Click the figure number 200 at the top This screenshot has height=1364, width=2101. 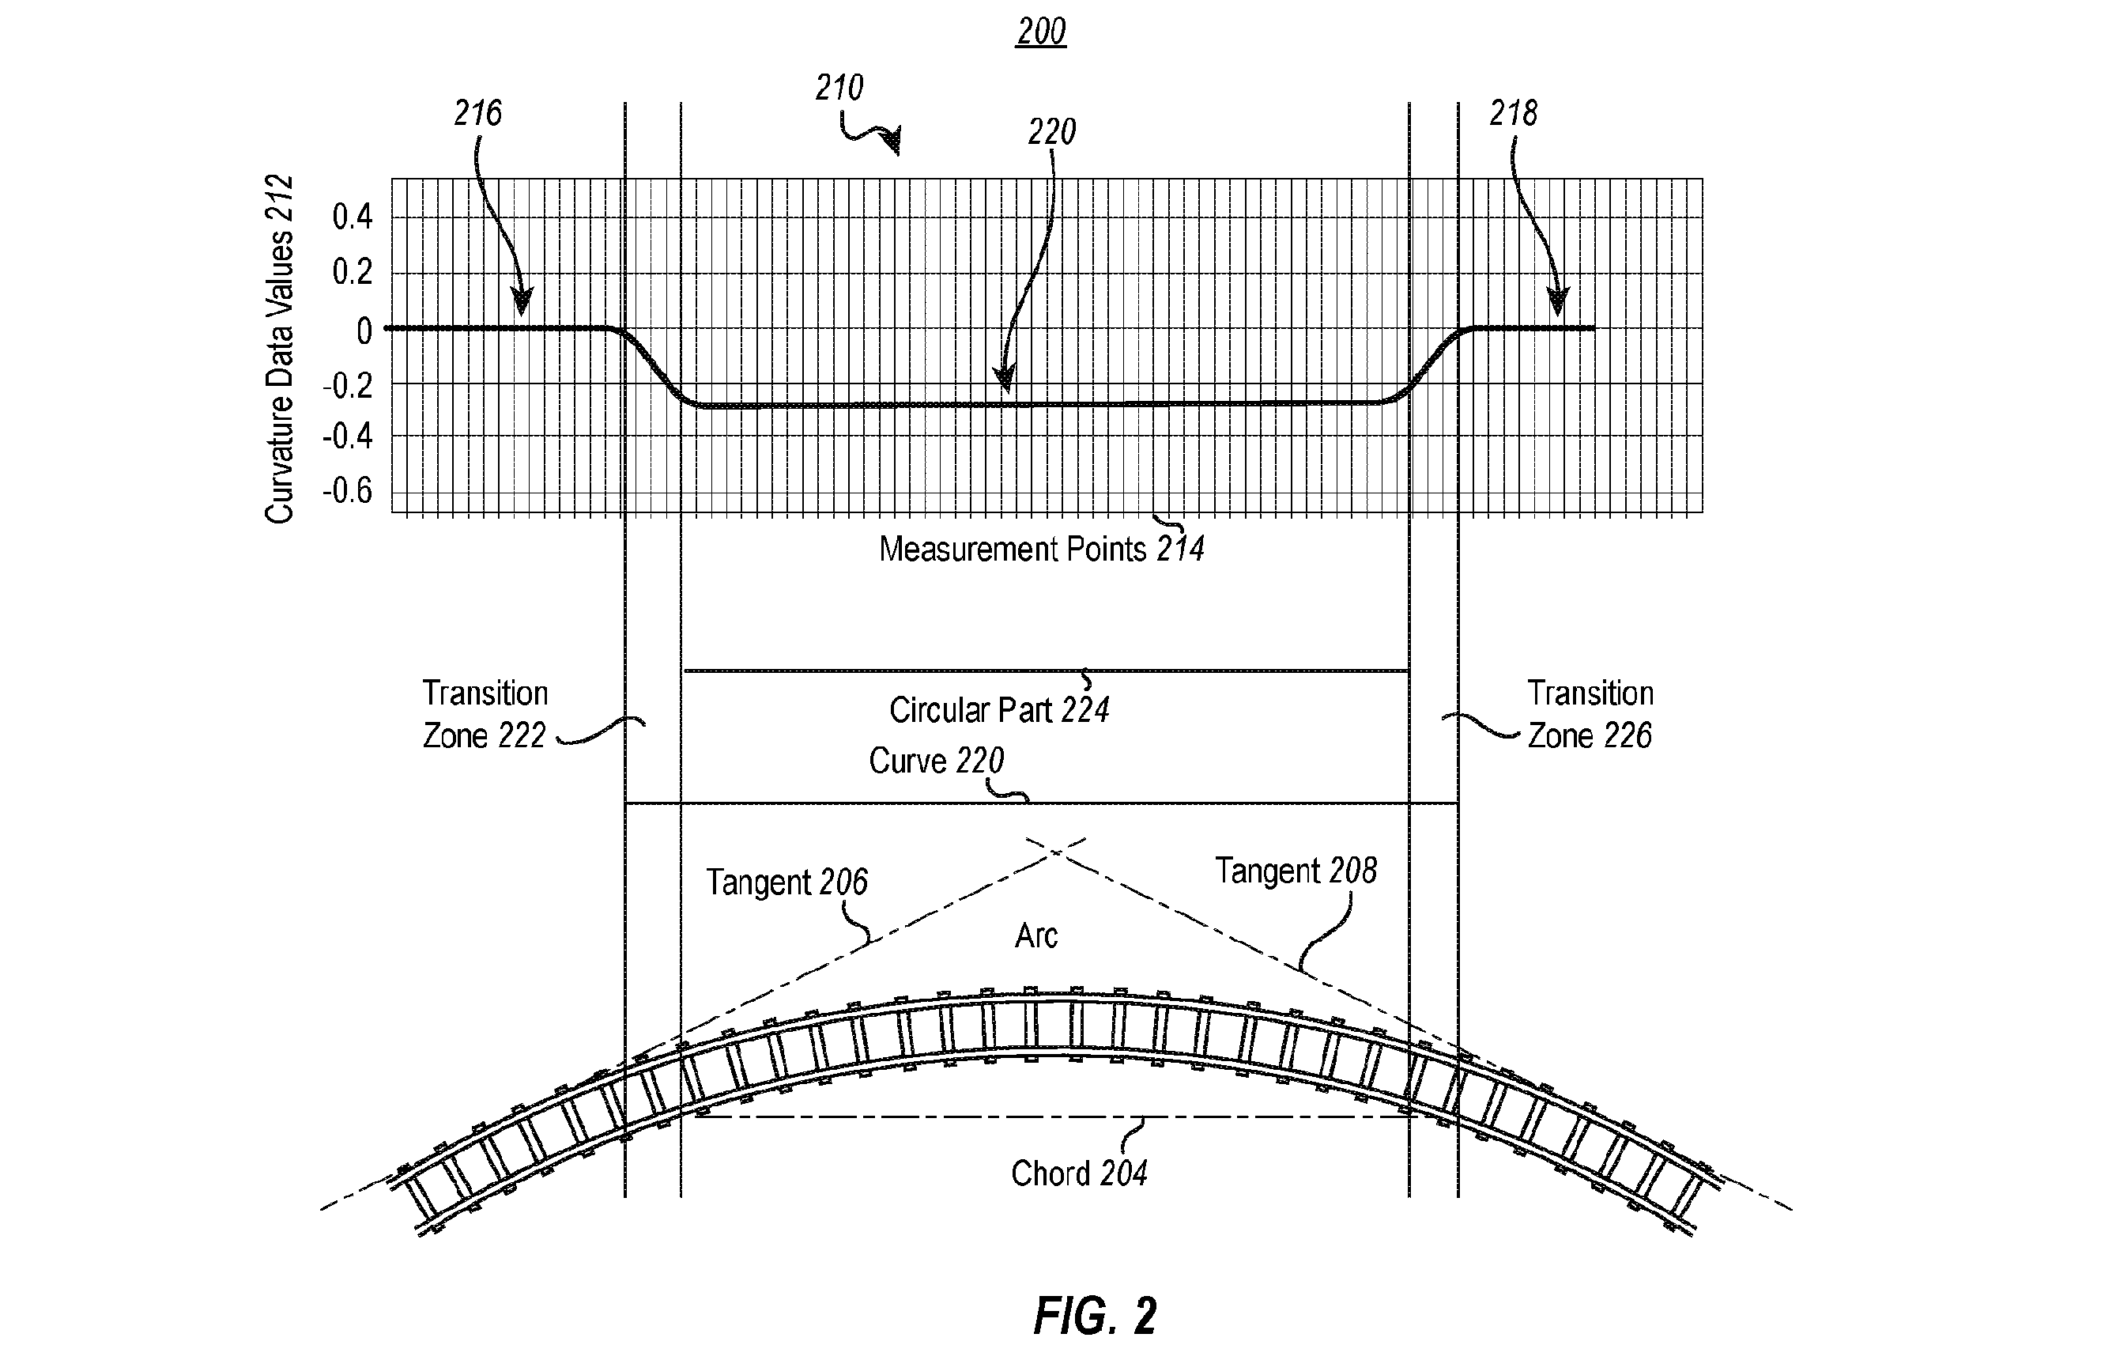point(1041,32)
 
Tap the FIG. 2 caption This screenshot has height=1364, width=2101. point(1095,1317)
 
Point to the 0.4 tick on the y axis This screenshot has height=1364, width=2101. point(353,217)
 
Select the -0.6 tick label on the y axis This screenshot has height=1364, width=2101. point(347,490)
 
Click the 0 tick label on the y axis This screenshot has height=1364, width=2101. point(364,331)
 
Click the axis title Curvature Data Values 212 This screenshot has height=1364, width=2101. point(279,350)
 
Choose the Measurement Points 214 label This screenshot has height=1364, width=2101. point(1042,549)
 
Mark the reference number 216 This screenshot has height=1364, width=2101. point(477,113)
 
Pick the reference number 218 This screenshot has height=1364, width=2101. point(1513,113)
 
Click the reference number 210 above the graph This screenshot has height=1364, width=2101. point(839,88)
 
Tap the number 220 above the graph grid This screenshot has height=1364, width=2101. point(1051,131)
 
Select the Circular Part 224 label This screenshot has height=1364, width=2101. point(999,710)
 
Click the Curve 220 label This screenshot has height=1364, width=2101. point(937,760)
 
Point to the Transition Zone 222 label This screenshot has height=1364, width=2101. point(485,714)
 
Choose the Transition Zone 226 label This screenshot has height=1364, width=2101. point(1590,714)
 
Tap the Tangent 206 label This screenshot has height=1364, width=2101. point(786,882)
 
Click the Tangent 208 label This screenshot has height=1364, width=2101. point(1296,871)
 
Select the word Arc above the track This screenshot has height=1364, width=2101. point(1036,935)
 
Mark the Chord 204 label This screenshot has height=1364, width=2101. point(1079,1173)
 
